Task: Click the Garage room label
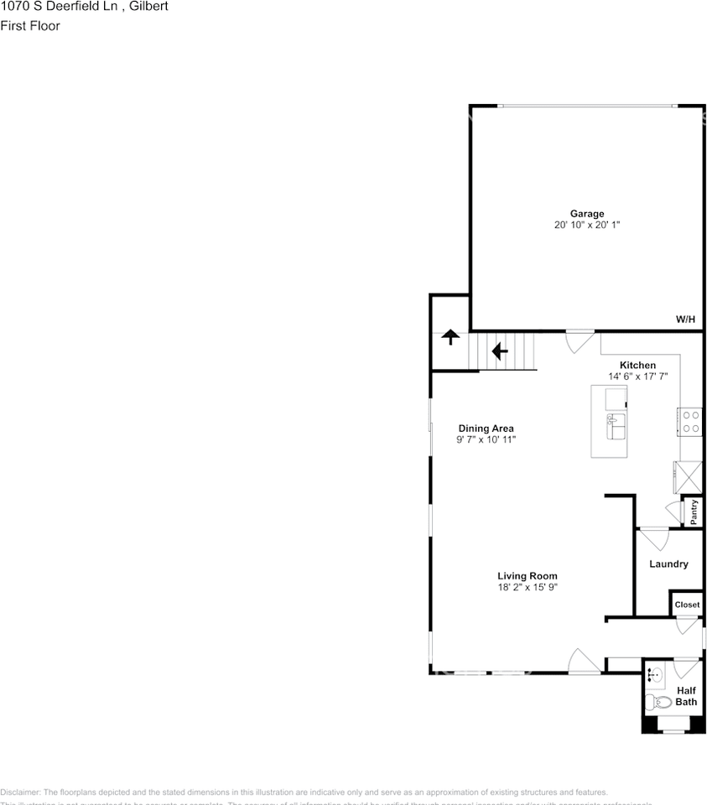(x=587, y=214)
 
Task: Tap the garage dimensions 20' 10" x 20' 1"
(x=587, y=226)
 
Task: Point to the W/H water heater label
(x=685, y=319)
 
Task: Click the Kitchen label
(x=637, y=366)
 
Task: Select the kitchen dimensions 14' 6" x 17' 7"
(x=637, y=377)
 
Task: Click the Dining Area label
(x=486, y=428)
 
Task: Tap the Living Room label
(x=527, y=576)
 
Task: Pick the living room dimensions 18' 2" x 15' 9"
(x=527, y=588)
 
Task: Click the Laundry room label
(x=668, y=564)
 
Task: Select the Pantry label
(x=694, y=512)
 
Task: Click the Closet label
(x=687, y=605)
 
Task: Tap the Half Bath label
(x=686, y=696)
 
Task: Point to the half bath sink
(x=654, y=674)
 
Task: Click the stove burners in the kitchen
(x=691, y=421)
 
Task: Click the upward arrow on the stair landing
(x=450, y=337)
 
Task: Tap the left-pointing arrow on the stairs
(x=500, y=351)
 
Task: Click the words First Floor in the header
(x=30, y=26)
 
